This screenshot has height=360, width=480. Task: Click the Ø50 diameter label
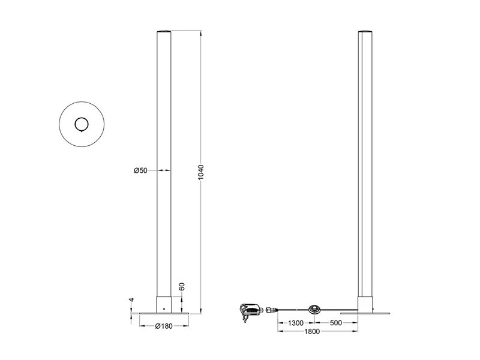coord(140,171)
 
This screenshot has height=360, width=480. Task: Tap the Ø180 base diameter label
coord(164,326)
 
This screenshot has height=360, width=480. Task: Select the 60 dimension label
coord(182,288)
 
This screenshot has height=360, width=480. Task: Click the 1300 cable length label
coord(295,323)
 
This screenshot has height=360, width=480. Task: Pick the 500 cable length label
coord(335,323)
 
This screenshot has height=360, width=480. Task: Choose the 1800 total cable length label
coord(318,332)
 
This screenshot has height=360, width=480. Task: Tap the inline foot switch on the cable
coord(314,310)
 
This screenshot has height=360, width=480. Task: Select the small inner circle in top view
coord(81,124)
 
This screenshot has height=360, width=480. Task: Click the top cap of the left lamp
coord(164,31)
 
